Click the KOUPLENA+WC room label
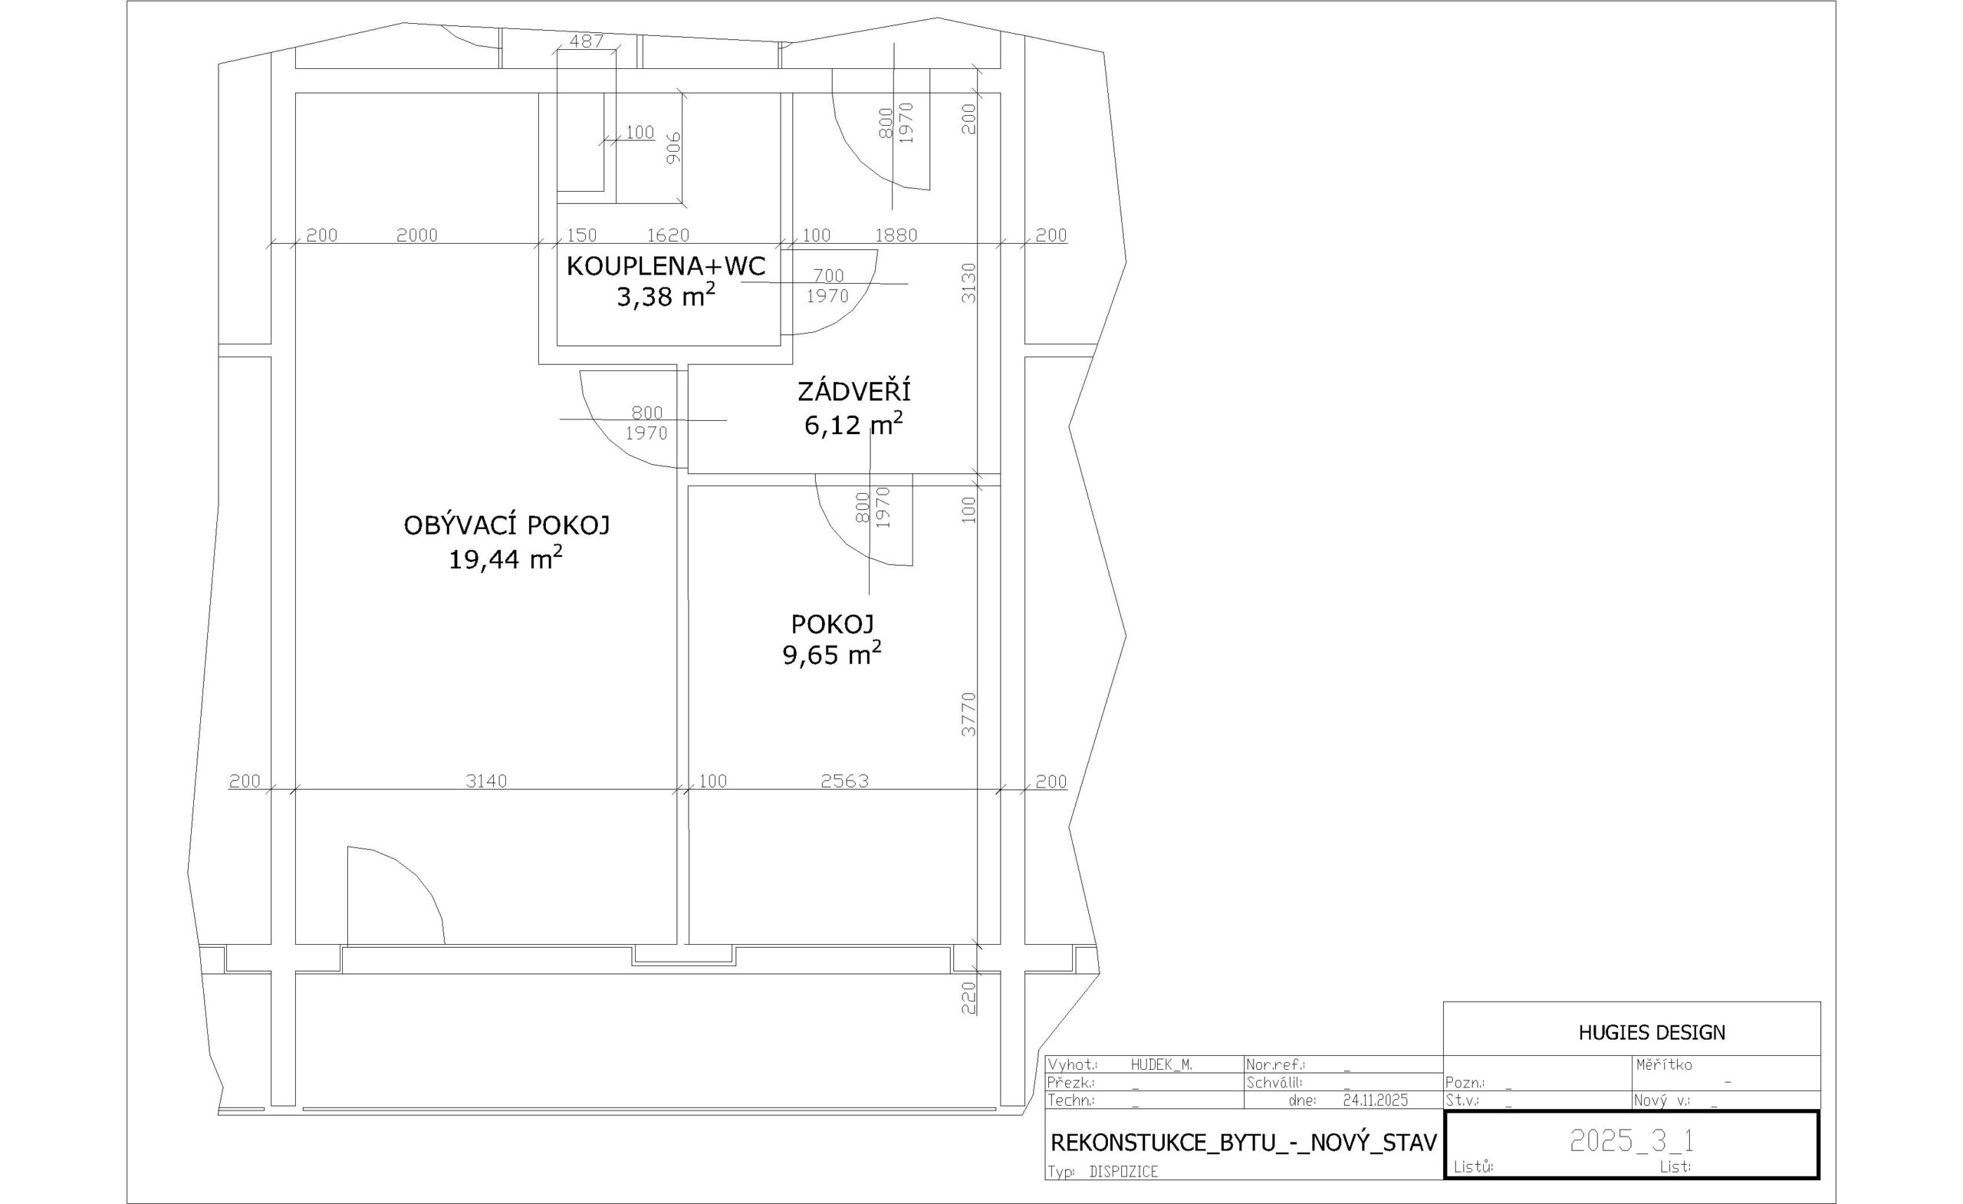[666, 266]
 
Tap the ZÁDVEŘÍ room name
[854, 391]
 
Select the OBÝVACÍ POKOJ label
[507, 525]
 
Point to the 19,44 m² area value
[506, 558]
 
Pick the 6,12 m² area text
[853, 425]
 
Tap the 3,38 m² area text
[666, 297]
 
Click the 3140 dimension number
[486, 781]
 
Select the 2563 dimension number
[844, 781]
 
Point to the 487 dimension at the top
[587, 41]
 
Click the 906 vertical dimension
[674, 148]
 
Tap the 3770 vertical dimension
[968, 714]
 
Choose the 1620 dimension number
[668, 235]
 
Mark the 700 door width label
[829, 276]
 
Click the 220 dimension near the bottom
[968, 998]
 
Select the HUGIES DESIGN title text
[1652, 1033]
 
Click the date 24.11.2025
[1376, 1100]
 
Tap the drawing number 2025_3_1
[1632, 1141]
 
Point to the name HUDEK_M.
[1162, 1064]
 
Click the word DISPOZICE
[1123, 1171]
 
